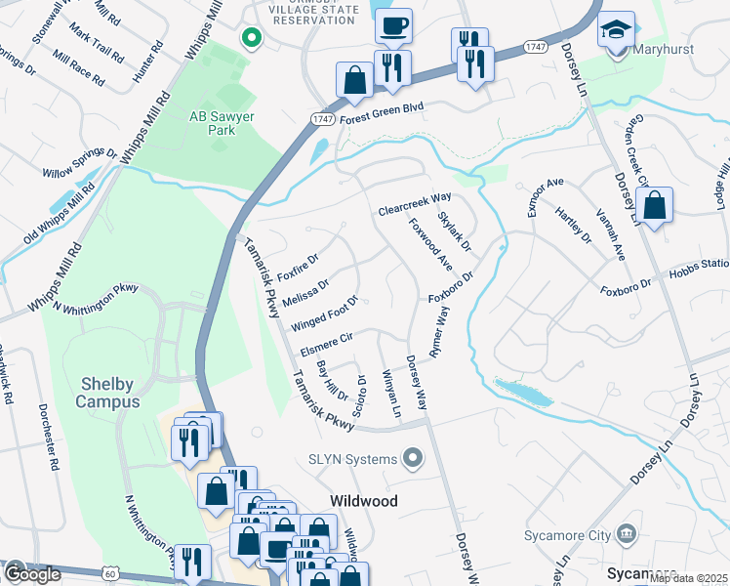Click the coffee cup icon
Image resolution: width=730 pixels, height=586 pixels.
point(393,26)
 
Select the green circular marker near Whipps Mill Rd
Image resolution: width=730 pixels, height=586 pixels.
point(251,38)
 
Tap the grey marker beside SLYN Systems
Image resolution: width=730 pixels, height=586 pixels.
point(413,458)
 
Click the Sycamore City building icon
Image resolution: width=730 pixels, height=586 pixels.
point(627,534)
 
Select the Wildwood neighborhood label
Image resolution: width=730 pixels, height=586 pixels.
point(364,500)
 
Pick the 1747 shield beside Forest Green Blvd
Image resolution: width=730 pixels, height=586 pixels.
point(321,118)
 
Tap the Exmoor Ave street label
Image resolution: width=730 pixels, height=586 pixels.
point(547,196)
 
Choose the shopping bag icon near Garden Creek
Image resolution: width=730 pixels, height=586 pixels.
point(656,206)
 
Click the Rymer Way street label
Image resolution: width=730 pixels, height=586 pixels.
point(439,332)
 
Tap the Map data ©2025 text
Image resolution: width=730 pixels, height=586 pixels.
point(689,578)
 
